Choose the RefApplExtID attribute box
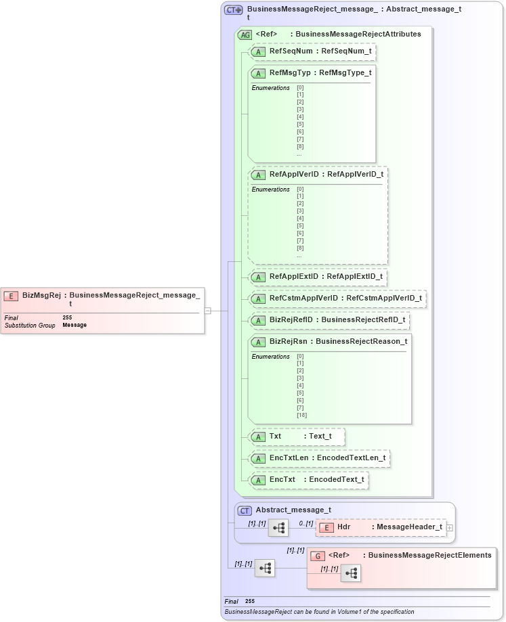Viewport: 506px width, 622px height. click(318, 276)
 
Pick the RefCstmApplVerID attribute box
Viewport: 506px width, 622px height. click(337, 298)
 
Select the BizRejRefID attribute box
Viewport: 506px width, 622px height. click(329, 319)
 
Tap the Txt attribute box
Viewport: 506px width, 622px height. click(297, 437)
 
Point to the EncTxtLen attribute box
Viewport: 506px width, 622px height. click(319, 458)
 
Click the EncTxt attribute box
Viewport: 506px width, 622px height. click(308, 480)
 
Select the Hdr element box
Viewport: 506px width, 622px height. click(381, 527)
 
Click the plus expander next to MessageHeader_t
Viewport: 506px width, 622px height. click(450, 527)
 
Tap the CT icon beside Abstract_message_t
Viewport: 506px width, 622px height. click(245, 510)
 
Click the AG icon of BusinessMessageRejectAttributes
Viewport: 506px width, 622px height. click(245, 34)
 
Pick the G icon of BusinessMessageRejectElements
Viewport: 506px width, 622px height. click(318, 556)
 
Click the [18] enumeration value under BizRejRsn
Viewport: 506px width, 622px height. click(301, 415)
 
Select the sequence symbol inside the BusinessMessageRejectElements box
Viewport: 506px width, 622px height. click(351, 573)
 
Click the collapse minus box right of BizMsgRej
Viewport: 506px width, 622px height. click(208, 311)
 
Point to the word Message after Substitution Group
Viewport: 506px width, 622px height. click(75, 325)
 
